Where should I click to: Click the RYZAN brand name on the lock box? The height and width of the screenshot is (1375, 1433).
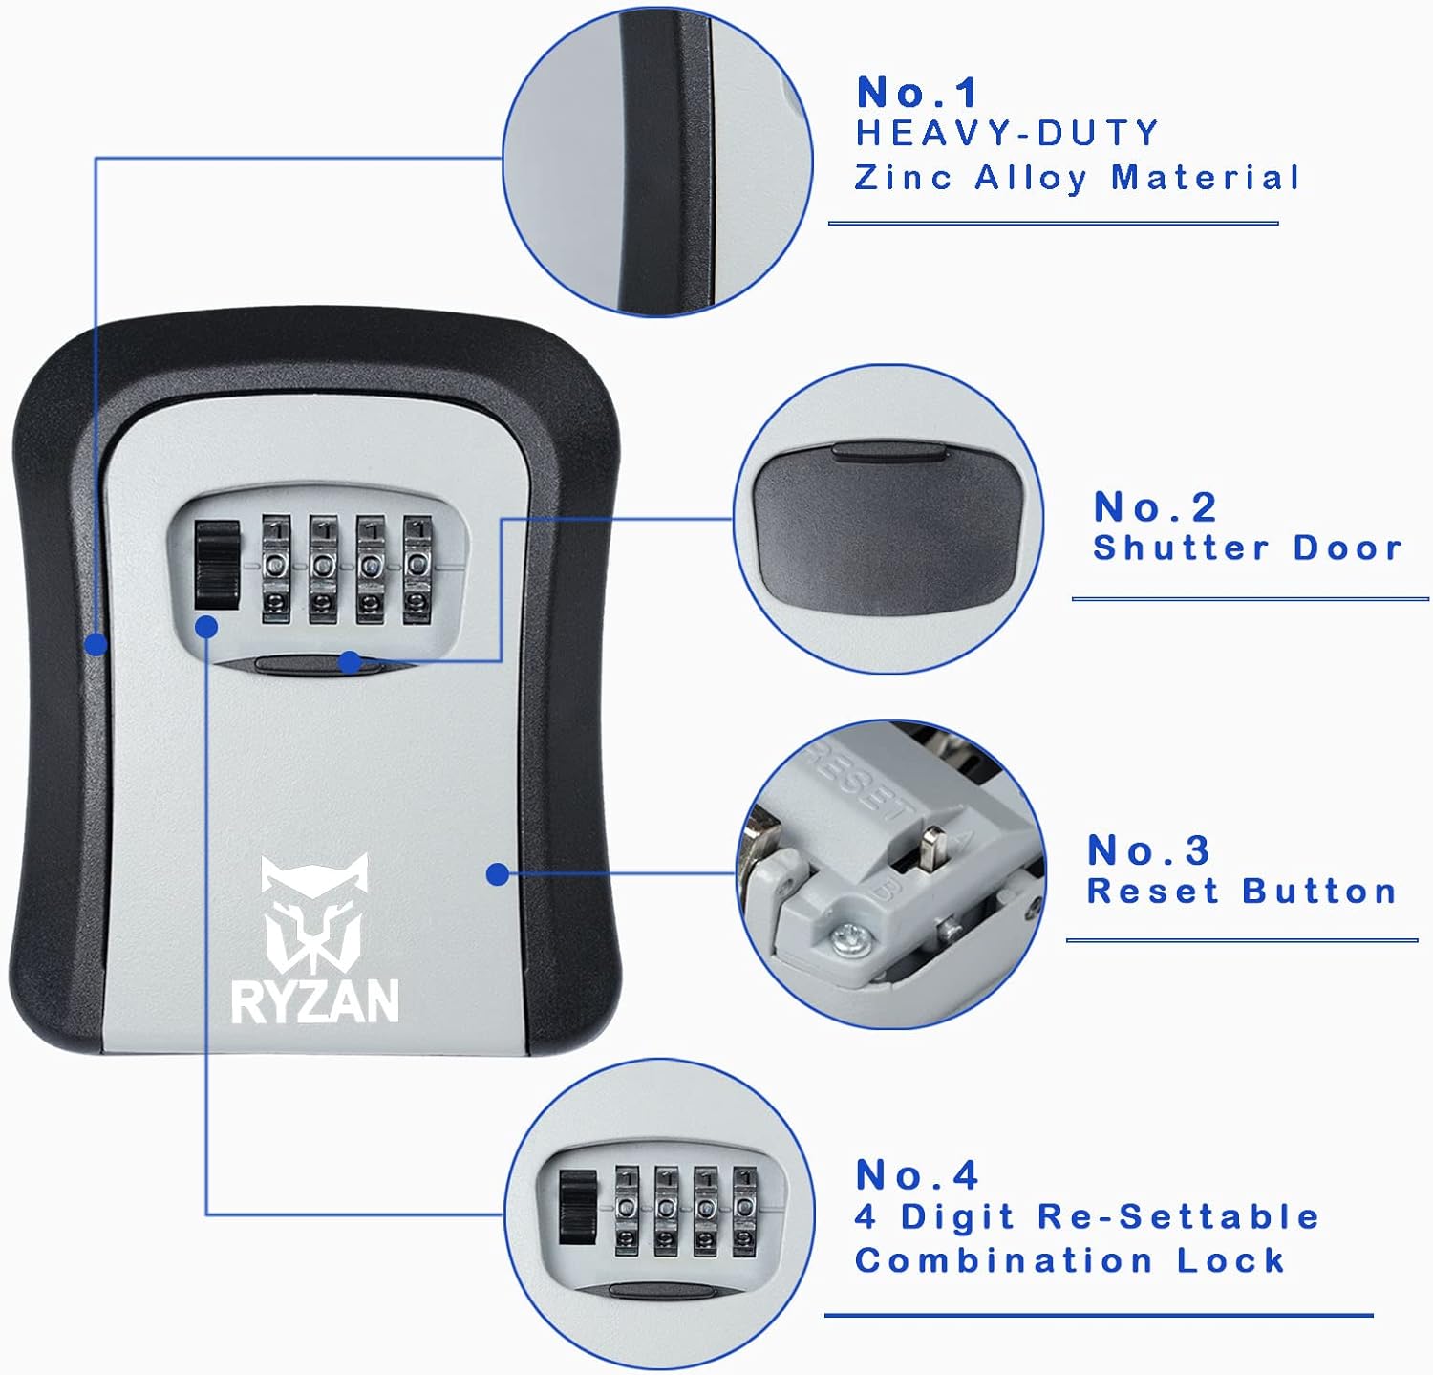314,1001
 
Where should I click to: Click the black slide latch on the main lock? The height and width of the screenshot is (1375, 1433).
217,566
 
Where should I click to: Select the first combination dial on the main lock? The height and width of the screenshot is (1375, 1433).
276,569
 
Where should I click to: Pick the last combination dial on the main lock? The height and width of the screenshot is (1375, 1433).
417,569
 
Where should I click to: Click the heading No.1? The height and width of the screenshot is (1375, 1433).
917,93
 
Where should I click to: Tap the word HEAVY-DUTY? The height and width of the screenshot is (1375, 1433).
1007,133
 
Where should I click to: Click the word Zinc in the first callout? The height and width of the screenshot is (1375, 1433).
903,178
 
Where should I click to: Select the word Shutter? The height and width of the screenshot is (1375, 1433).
1181,548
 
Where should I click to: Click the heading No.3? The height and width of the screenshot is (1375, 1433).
1148,850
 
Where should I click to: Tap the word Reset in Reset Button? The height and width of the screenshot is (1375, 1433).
1153,892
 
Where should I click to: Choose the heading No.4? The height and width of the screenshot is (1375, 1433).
917,1175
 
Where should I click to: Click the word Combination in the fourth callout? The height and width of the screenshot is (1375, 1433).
1003,1260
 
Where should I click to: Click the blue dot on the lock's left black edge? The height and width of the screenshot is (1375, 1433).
96,645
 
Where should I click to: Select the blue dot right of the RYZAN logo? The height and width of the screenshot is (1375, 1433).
497,873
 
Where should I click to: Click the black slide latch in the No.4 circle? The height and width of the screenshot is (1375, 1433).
577,1208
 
